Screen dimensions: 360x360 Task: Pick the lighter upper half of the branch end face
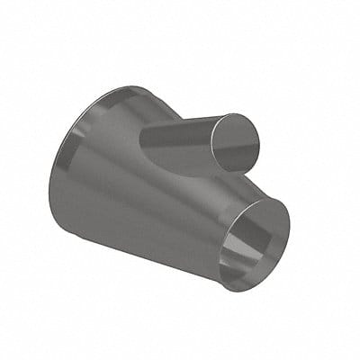tap(239, 130)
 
